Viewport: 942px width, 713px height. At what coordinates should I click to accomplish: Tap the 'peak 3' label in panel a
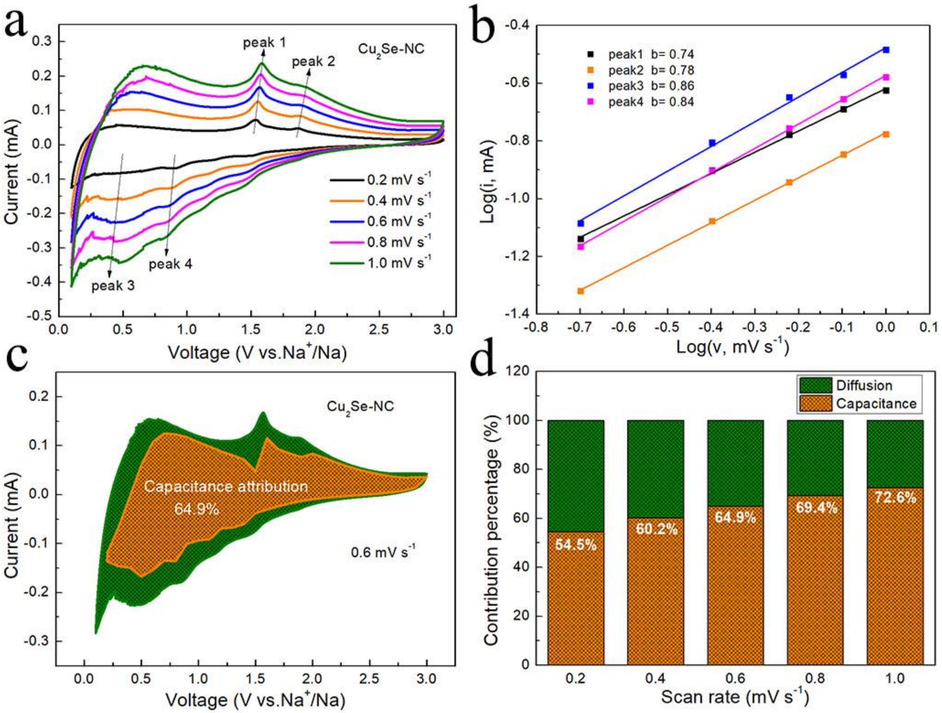(113, 285)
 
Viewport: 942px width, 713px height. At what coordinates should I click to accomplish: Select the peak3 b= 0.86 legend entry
(651, 86)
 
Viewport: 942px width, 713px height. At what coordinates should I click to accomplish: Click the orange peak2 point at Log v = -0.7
(580, 291)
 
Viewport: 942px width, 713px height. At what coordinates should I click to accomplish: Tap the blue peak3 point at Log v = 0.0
(886, 50)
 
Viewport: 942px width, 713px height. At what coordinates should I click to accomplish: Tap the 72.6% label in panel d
(895, 498)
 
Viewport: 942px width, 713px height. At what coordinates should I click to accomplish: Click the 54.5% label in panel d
(575, 545)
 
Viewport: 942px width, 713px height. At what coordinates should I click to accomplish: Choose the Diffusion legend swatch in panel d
(815, 385)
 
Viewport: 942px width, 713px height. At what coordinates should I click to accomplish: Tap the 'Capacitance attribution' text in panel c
(226, 487)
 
